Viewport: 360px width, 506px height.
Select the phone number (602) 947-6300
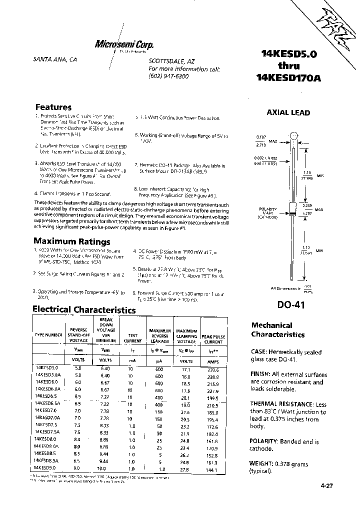(169, 76)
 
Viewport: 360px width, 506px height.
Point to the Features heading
(53, 107)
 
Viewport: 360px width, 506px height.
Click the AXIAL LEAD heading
(288, 113)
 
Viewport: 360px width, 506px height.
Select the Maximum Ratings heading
(71, 242)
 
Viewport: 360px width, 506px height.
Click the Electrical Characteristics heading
(84, 310)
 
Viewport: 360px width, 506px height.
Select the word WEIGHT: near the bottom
(264, 463)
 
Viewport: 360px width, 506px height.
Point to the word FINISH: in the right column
(262, 374)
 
